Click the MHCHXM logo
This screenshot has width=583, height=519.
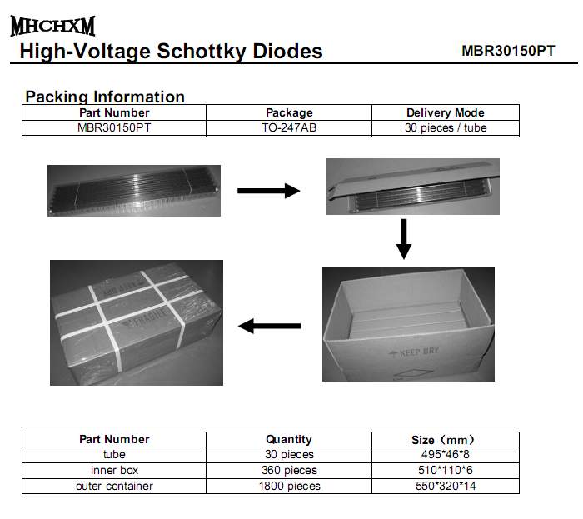tap(52, 26)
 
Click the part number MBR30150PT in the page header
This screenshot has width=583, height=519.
tap(508, 51)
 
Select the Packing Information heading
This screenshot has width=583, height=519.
tap(105, 97)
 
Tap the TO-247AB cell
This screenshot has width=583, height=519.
tap(289, 128)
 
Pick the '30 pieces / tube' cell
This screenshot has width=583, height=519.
tap(446, 128)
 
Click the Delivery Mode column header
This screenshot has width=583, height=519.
tap(446, 112)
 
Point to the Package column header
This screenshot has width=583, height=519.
tap(289, 112)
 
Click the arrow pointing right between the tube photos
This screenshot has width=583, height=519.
tap(268, 191)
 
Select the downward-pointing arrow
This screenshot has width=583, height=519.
tap(404, 239)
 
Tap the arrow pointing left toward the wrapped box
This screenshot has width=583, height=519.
tap(269, 326)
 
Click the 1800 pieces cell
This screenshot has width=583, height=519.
tap(289, 486)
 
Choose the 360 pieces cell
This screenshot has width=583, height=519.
tap(289, 471)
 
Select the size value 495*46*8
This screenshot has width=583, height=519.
tap(446, 454)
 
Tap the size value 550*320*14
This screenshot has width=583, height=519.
tap(446, 486)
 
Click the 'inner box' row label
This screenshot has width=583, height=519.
tap(114, 471)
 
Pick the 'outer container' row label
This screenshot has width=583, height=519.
tap(114, 486)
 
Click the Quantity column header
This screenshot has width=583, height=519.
tap(289, 439)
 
